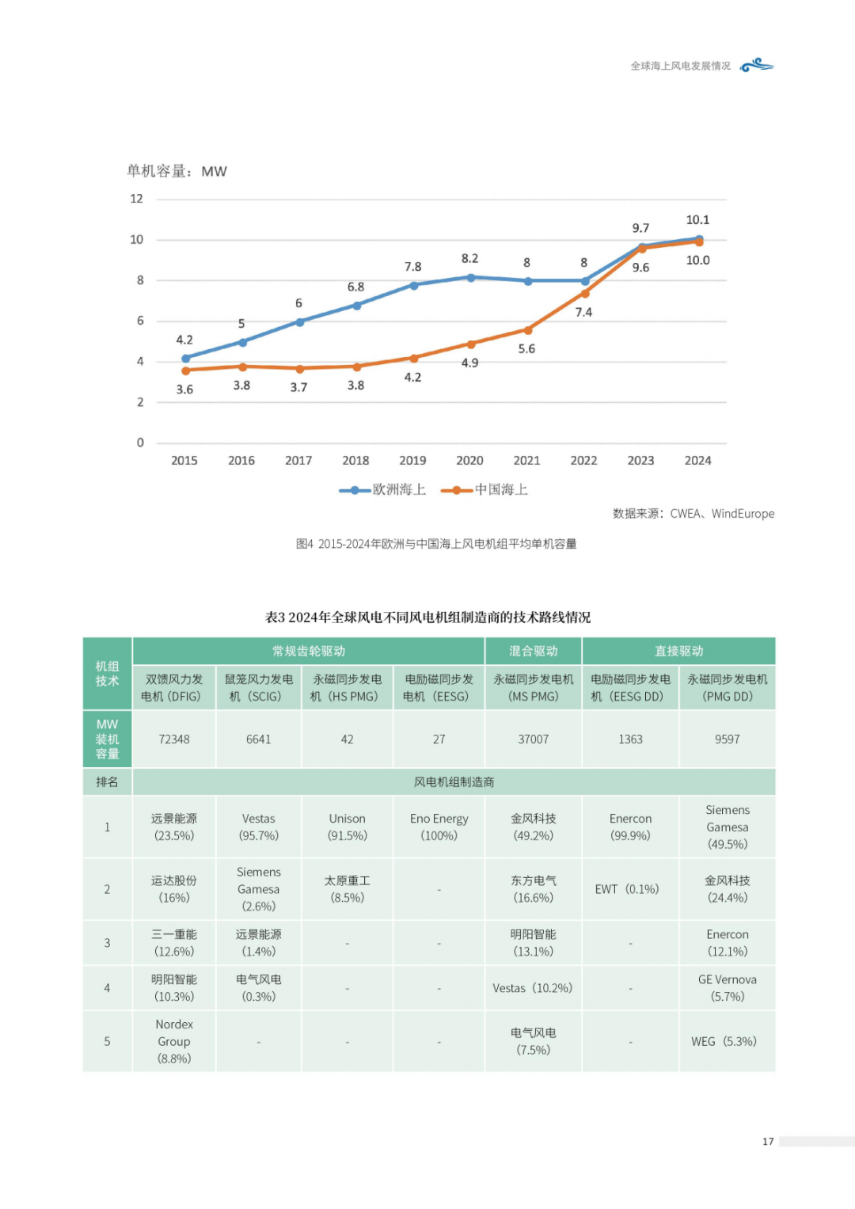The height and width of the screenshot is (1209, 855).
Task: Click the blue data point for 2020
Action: pos(470,278)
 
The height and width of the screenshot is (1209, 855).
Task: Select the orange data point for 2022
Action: pos(585,294)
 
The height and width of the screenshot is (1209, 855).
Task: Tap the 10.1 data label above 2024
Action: pos(697,220)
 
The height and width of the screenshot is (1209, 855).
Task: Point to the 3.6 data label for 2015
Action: pos(184,390)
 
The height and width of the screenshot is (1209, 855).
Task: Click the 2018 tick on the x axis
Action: pos(355,461)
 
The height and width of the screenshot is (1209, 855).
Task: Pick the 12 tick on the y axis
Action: pos(137,199)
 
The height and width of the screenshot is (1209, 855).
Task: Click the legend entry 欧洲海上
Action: pos(383,490)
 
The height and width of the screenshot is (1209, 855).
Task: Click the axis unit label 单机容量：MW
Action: pos(177,171)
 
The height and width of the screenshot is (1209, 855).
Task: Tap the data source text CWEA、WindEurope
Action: pos(693,514)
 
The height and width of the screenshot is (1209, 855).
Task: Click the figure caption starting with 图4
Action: pos(436,544)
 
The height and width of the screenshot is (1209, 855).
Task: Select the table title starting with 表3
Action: pos(428,618)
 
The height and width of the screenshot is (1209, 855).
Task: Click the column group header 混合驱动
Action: pos(533,651)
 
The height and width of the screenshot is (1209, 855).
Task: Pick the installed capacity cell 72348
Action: pos(174,739)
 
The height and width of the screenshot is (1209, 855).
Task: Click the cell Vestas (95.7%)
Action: pos(259,827)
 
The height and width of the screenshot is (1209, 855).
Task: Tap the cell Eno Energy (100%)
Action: pos(439,827)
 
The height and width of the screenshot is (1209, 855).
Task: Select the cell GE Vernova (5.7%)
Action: pos(727,988)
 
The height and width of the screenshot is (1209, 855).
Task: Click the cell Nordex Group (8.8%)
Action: pos(174,1041)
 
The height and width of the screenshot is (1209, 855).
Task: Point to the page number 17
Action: pos(768,1141)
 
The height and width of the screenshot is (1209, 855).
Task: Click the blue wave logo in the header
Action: pos(757,65)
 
